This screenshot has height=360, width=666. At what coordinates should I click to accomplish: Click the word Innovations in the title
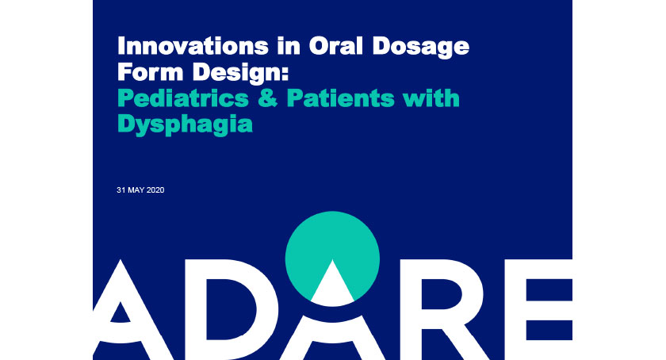tap(193, 46)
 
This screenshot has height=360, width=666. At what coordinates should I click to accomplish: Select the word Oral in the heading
tap(336, 46)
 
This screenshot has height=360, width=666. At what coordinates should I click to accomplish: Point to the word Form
tap(150, 72)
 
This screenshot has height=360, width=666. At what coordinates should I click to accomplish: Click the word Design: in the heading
tap(240, 73)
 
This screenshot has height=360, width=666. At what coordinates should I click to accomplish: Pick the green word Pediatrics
tap(183, 98)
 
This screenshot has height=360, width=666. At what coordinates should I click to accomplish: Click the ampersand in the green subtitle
tap(268, 98)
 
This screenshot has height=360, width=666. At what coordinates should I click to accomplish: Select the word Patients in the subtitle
tap(341, 98)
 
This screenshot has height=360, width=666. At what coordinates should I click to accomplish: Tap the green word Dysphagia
tap(186, 125)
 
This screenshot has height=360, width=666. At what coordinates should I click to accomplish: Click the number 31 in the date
tap(121, 190)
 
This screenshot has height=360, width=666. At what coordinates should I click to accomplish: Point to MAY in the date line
tap(136, 190)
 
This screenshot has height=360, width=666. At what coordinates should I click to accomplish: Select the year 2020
tap(156, 190)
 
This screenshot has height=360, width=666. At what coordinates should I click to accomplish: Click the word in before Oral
tap(289, 46)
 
